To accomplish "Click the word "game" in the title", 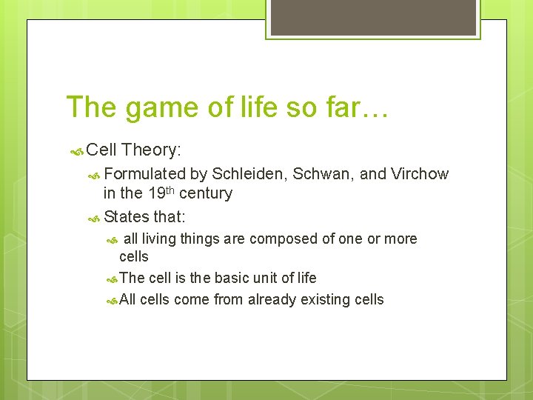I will (x=152, y=108).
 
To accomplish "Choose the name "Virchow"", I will (x=420, y=174).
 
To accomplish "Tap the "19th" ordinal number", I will (x=160, y=193).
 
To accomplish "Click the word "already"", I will (x=275, y=300).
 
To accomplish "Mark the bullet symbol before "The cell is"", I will (x=112, y=279).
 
